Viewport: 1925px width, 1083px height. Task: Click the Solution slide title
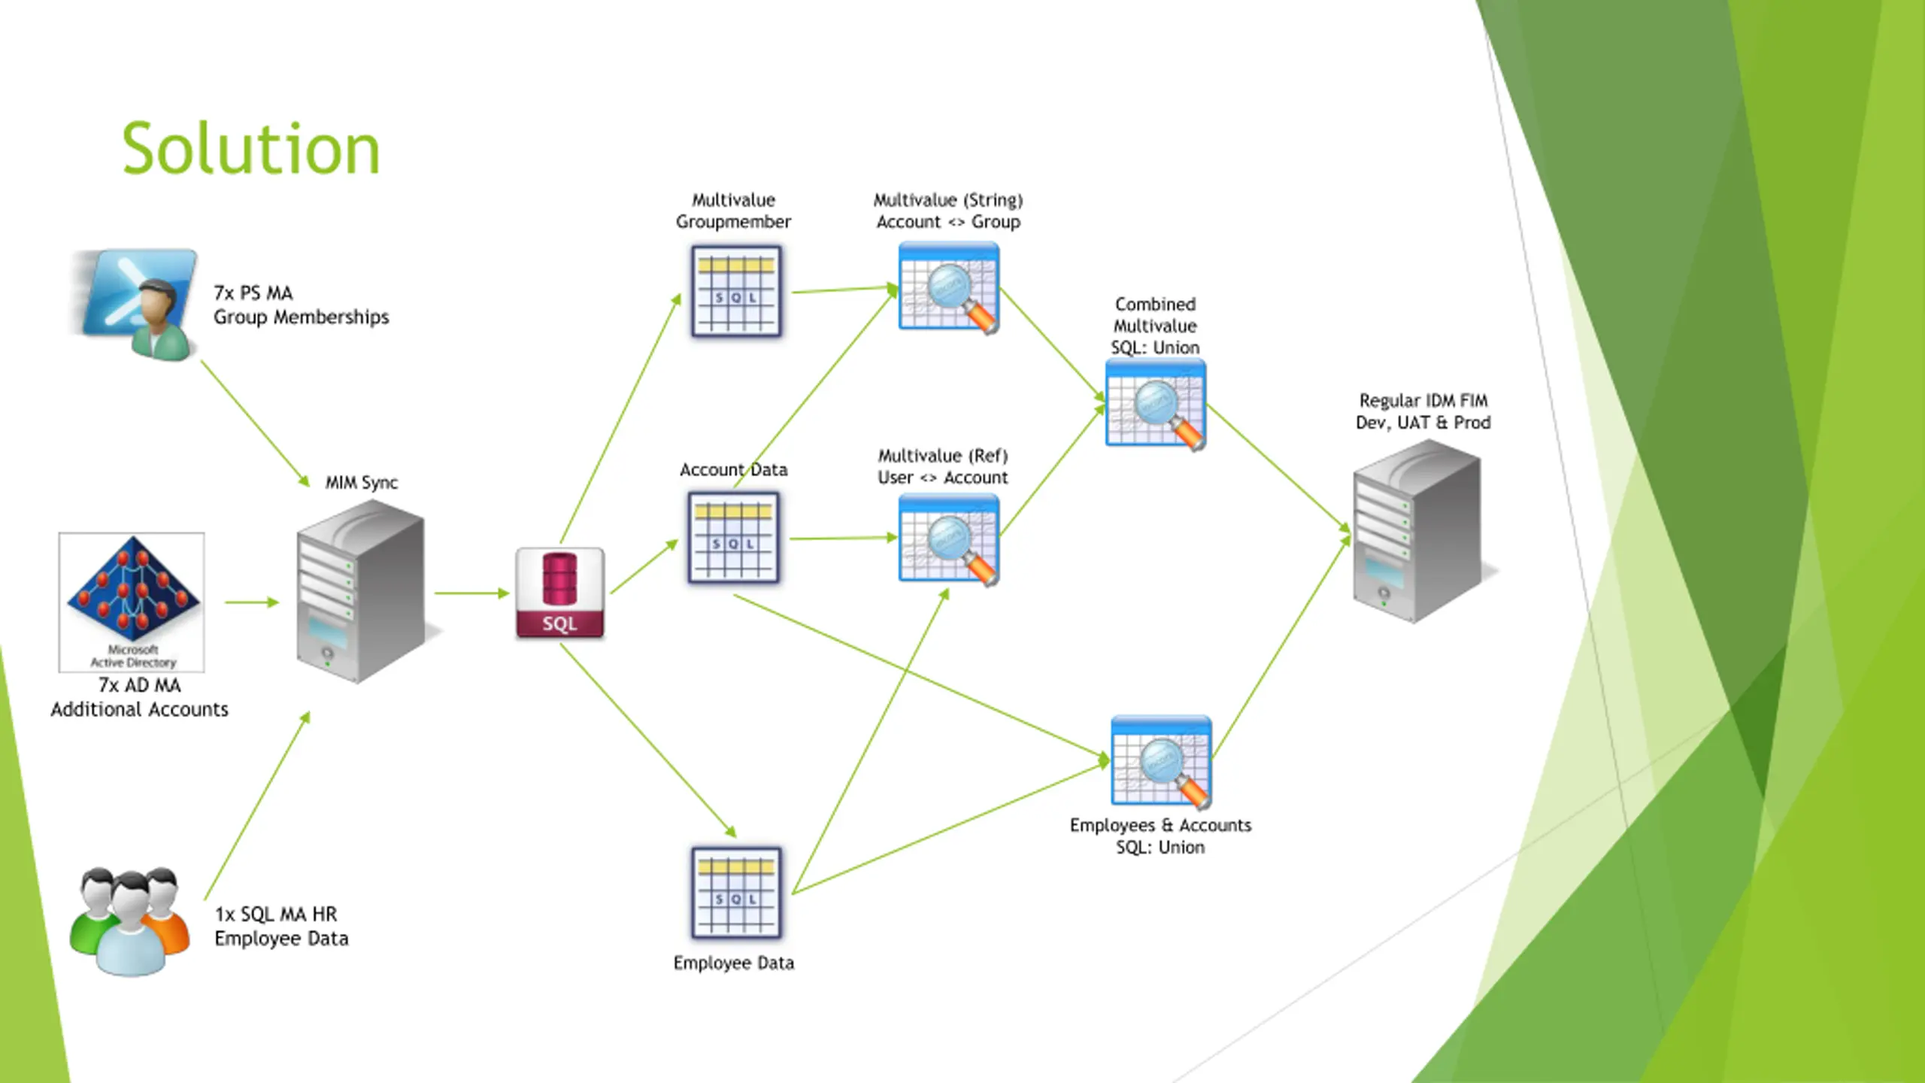coord(251,149)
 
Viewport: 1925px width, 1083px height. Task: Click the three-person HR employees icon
coord(129,921)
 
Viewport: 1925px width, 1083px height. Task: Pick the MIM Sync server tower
coord(359,591)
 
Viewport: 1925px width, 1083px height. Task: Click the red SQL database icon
coord(559,593)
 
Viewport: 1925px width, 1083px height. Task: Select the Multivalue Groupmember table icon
coord(736,291)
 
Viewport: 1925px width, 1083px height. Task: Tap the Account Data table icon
coord(733,538)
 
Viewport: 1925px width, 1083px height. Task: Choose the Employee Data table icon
coord(736,893)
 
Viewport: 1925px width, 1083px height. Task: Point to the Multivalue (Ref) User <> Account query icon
coord(949,538)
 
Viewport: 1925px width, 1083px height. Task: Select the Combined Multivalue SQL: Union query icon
coord(1156,404)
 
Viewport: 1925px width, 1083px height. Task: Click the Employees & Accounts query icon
coord(1161,761)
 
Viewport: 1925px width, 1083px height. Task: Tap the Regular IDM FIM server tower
coord(1417,531)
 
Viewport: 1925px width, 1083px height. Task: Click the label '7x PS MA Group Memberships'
coord(301,305)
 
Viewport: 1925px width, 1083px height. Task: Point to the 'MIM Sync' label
coord(361,482)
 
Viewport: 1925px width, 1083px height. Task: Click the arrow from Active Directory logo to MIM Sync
coord(251,602)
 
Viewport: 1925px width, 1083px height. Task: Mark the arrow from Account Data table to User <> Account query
coord(842,538)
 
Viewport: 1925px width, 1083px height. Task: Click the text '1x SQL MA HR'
coord(276,914)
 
